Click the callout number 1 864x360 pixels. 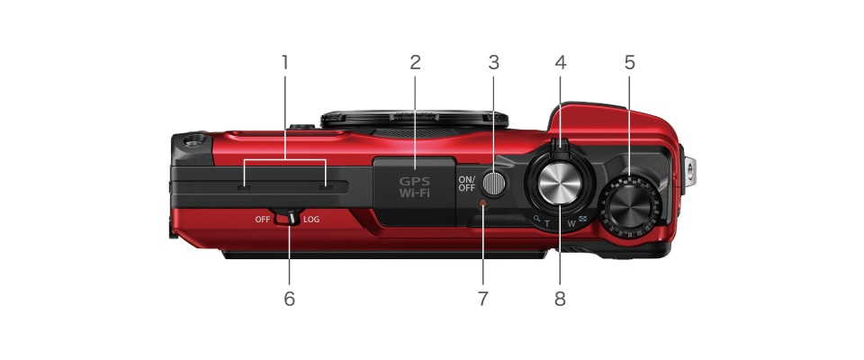point(284,63)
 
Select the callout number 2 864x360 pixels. point(415,63)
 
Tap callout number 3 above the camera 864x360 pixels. point(493,63)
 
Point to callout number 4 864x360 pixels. point(561,63)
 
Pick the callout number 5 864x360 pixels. point(629,63)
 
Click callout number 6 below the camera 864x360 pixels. point(289,299)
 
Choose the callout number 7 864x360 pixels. point(482,299)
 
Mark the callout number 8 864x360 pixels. point(560,299)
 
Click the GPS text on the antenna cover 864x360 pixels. point(415,179)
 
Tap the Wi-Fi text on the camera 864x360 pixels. point(415,192)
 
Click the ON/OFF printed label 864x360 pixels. point(466,184)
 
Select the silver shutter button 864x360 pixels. point(559,186)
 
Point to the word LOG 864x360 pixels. point(310,220)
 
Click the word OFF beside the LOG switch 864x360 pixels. point(263,220)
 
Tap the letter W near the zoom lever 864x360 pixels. point(571,221)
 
